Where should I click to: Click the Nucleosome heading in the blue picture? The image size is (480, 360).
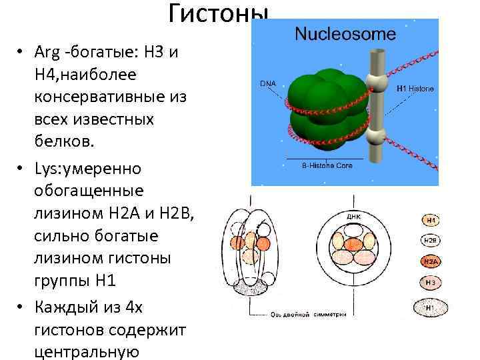point(345,33)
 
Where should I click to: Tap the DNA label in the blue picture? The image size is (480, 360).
point(267,84)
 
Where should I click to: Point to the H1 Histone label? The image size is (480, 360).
point(415,88)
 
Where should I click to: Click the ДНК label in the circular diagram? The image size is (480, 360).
point(353,217)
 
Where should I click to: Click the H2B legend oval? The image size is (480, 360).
point(431,240)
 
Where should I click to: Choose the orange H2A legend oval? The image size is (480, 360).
point(431,261)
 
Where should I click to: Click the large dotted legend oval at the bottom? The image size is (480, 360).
point(431,308)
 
